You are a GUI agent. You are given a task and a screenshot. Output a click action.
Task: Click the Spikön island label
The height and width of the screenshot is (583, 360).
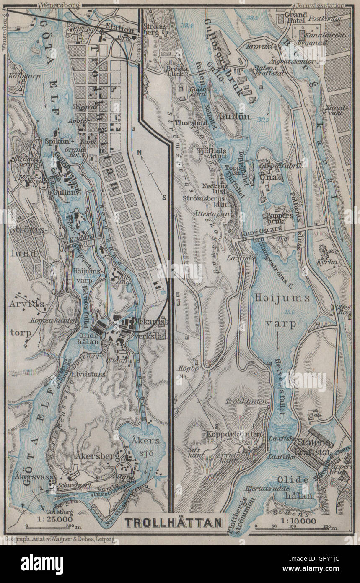pyautogui.click(x=56, y=141)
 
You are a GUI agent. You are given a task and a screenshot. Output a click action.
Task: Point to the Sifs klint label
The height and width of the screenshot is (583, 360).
pyautogui.click(x=196, y=451)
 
